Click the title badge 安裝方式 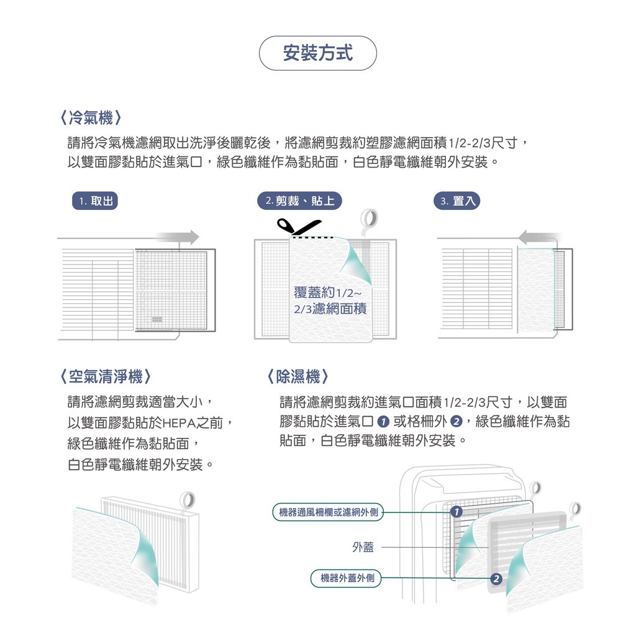point(317,53)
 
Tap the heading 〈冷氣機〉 point(91,117)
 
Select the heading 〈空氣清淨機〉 point(106,376)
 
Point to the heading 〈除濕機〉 point(298,376)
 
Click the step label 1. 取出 point(95,201)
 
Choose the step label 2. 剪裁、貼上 point(299,201)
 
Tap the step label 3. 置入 point(457,201)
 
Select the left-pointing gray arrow point(539,237)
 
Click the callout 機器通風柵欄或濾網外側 point(328,512)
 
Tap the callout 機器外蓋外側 point(347,579)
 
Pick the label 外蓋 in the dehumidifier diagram point(363,547)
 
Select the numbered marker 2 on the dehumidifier point(495,579)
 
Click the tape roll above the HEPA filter point(187,499)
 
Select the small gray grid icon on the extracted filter point(157,319)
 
